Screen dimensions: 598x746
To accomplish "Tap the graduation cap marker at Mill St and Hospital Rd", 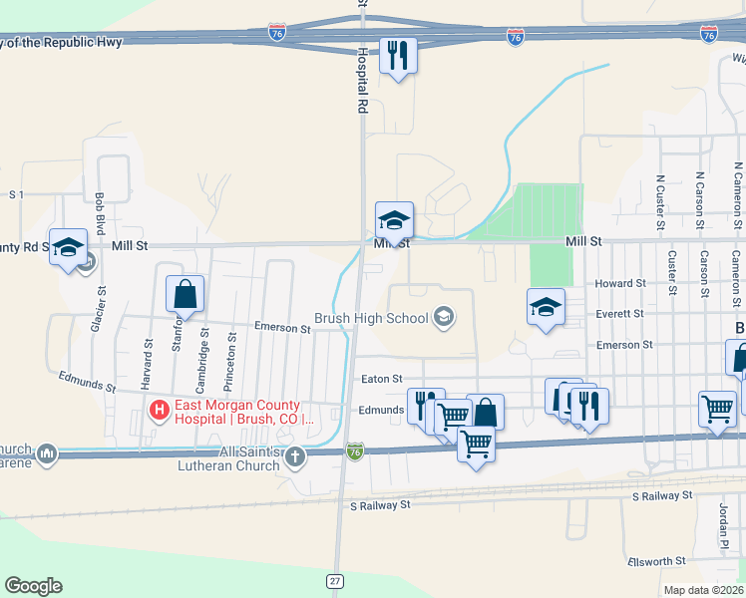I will pyautogui.click(x=394, y=219).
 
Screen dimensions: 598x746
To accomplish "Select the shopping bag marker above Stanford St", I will pyautogui.click(x=186, y=293).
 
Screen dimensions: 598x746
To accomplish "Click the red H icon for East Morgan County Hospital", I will pyautogui.click(x=158, y=410).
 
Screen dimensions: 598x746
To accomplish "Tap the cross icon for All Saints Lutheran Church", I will pyautogui.click(x=294, y=456).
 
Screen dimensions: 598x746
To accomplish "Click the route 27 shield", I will pyautogui.click(x=336, y=580).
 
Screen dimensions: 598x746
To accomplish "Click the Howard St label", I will pyautogui.click(x=620, y=284).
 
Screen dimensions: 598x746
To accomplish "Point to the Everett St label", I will pyautogui.click(x=620, y=313).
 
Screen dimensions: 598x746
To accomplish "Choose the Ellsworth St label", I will pyautogui.click(x=657, y=562).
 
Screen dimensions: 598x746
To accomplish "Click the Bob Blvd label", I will pyautogui.click(x=99, y=212).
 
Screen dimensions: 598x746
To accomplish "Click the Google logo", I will pyautogui.click(x=33, y=586).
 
